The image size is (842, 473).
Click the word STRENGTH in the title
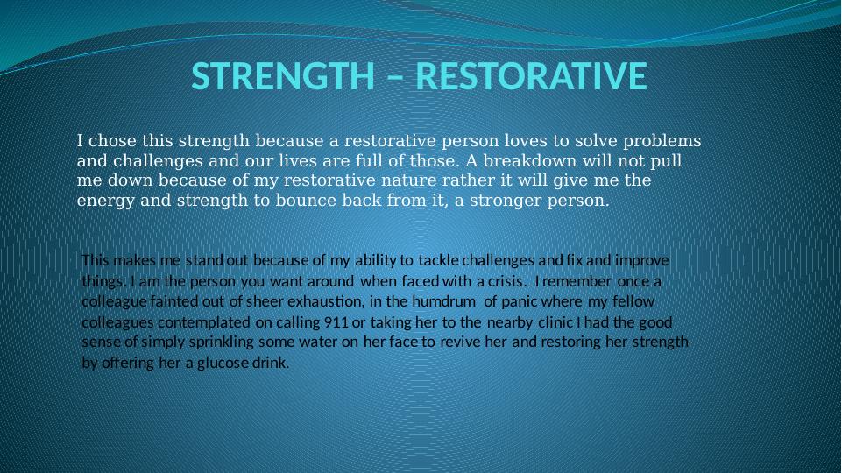tap(283, 76)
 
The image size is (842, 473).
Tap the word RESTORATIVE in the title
tap(531, 76)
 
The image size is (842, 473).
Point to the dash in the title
tap(394, 78)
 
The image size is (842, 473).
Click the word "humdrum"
tap(443, 301)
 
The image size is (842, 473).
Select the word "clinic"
tap(555, 322)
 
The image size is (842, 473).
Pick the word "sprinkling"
tap(222, 342)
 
